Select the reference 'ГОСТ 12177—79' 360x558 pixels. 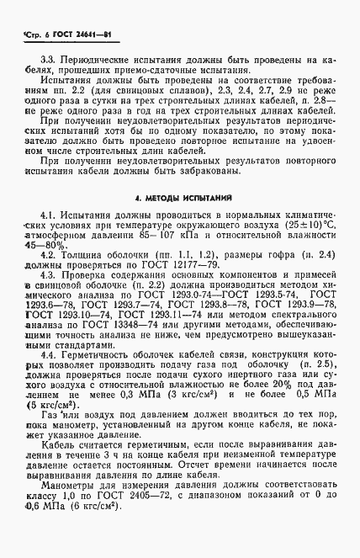193,265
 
